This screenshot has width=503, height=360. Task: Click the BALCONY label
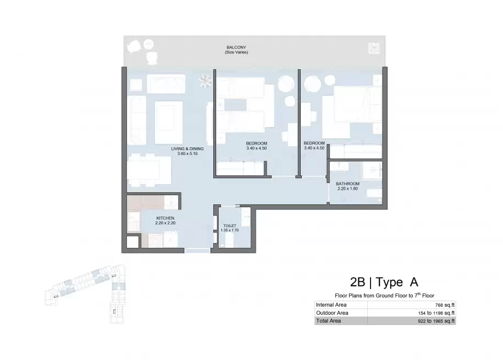pyautogui.click(x=236, y=47)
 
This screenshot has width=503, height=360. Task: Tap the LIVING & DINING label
pyautogui.click(x=187, y=149)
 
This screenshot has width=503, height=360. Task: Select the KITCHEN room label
pyautogui.click(x=165, y=218)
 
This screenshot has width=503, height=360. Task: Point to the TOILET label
pyautogui.click(x=230, y=226)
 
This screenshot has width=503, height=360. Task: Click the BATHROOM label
pyautogui.click(x=348, y=184)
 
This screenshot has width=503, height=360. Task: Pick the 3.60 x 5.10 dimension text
pyautogui.click(x=187, y=154)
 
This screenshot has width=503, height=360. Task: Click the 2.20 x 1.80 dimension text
pyautogui.click(x=348, y=189)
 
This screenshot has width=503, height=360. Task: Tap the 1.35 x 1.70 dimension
pyautogui.click(x=230, y=230)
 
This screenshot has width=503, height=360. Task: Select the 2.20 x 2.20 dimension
pyautogui.click(x=165, y=223)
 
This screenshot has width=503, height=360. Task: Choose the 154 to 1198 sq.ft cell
pyautogui.click(x=436, y=313)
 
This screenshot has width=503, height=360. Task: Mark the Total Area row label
pyautogui.click(x=329, y=321)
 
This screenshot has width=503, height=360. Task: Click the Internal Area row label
pyautogui.click(x=331, y=305)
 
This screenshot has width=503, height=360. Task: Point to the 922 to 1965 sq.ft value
pyautogui.click(x=436, y=321)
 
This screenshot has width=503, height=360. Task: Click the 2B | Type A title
pyautogui.click(x=384, y=282)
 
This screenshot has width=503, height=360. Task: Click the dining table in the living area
pyautogui.click(x=149, y=170)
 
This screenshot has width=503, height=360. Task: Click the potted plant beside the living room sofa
pyautogui.click(x=205, y=81)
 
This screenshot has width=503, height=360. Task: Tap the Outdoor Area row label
pyautogui.click(x=332, y=313)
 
